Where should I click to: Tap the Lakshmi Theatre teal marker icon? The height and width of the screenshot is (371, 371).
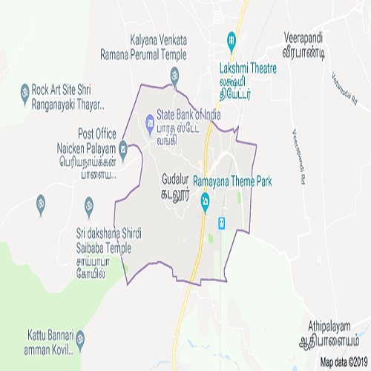pos(232,39)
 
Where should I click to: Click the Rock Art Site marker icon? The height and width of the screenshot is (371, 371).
pos(24,92)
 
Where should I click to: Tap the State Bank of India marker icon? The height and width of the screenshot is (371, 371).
pos(149,118)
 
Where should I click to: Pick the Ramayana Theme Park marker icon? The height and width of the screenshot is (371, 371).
pos(206,200)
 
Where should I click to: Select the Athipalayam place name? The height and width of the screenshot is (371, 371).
pos(329,332)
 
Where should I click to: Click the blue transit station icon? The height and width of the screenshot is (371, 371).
pos(221,223)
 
